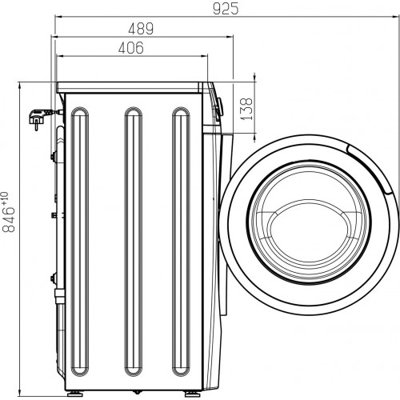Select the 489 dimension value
[x=140, y=29]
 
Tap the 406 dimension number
[x=130, y=49]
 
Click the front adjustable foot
[x=193, y=394]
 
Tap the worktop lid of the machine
[x=132, y=85]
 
